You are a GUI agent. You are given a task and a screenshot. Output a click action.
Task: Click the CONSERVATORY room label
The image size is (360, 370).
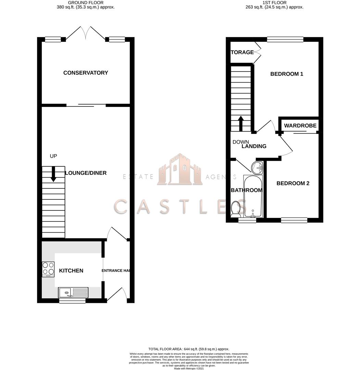coord(86,73)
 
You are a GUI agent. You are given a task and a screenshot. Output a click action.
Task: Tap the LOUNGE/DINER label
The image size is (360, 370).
coord(86,173)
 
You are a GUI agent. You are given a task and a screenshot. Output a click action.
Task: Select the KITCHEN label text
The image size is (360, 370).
coord(71,271)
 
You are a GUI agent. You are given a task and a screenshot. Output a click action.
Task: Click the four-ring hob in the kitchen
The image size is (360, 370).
coord(48,269)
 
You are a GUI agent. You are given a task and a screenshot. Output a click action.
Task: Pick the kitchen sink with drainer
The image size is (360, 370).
coord(73,293)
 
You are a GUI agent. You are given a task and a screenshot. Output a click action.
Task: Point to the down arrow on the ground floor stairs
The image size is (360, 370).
coord(53,174)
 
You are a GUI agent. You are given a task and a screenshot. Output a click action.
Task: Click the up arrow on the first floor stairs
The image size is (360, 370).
coord(241,124)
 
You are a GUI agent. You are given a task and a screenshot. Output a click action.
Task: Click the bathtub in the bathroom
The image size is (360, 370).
coord(252,197)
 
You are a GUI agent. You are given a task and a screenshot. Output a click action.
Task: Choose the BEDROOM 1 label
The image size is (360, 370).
coord(287,74)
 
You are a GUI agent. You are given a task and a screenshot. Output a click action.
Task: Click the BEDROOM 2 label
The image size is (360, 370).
coord(293,183)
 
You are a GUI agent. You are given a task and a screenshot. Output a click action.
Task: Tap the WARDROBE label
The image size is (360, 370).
coord(300,126)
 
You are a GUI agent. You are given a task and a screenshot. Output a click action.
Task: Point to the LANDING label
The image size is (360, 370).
coord(254,146)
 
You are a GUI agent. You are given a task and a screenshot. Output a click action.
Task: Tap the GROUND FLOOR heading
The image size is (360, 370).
coord(85,2)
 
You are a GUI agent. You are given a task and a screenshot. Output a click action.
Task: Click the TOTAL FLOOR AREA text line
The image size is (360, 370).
coord(188,349)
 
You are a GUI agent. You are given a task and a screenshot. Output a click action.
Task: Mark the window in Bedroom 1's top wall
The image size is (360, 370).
coord(285,39)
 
